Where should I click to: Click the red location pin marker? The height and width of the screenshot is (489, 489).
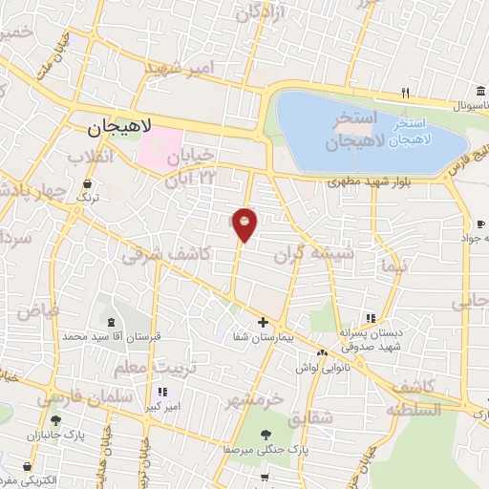click(245, 223)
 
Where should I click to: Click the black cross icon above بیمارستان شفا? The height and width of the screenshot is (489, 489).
click(263, 322)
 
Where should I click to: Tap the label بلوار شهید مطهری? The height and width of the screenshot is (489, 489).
click(363, 180)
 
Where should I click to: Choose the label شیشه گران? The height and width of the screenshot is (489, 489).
click(314, 253)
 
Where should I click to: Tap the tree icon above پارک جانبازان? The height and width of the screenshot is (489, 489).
click(55, 419)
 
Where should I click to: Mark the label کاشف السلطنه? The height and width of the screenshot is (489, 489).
click(413, 397)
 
